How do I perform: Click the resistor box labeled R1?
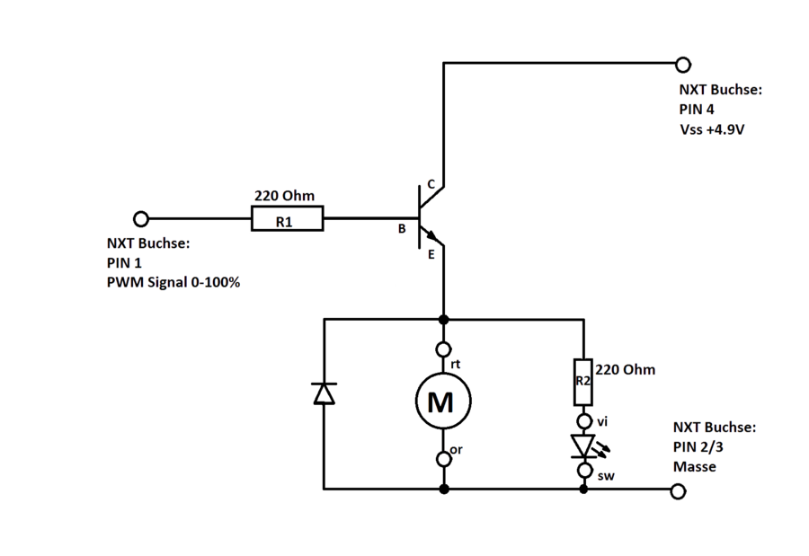(286, 219)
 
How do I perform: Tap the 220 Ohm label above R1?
(284, 196)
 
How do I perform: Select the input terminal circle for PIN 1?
(141, 218)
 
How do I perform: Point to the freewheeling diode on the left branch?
(324, 393)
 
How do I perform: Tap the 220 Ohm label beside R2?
(626, 369)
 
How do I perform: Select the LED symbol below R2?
(586, 446)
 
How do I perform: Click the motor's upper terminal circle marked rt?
(443, 349)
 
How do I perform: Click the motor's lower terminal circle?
(443, 459)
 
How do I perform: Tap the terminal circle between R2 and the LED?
(585, 420)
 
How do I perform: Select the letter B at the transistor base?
(403, 230)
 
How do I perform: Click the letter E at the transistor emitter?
(431, 255)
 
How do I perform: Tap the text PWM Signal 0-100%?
(174, 282)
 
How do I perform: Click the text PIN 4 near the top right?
(697, 110)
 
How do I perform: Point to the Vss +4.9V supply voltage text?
(712, 129)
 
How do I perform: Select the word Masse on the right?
(694, 467)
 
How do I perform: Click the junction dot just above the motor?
(443, 319)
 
